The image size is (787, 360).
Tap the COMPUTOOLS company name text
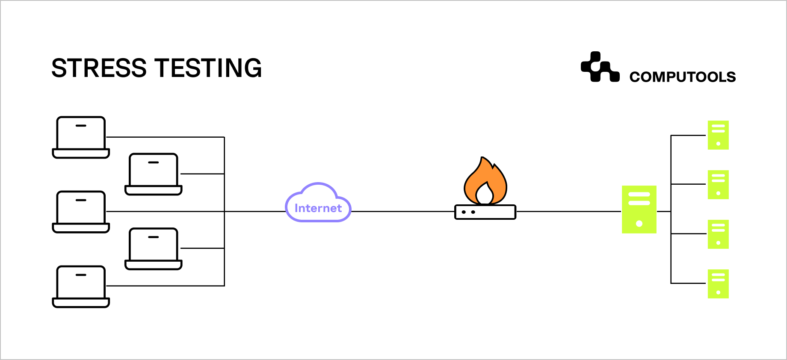682,77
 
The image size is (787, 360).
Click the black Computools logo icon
600,67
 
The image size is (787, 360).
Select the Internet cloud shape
318,204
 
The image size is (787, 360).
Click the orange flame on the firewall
485,182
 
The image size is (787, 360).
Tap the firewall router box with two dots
485,212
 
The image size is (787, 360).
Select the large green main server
639,210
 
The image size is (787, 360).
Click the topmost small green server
718,135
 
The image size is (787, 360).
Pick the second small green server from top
718,185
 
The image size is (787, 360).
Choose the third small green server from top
718,234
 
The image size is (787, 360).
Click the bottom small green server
718,284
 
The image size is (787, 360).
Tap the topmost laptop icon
81,137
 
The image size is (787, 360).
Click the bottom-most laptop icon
81,286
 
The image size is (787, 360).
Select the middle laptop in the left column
81,212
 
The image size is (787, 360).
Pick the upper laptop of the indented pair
154,174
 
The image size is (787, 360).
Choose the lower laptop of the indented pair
154,248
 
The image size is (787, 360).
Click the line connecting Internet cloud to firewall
402,211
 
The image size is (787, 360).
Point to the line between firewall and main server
569,211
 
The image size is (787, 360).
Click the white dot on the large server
639,224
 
